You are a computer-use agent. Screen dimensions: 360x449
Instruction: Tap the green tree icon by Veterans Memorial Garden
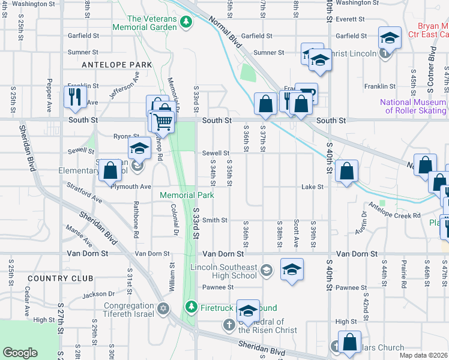point(187,22)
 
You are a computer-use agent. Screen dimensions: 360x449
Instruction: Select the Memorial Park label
point(186,195)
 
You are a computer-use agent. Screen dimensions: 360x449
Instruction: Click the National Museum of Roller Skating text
point(413,106)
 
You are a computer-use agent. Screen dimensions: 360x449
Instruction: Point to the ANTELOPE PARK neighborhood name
point(109,64)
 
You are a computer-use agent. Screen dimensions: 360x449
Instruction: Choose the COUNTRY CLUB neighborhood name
point(60,278)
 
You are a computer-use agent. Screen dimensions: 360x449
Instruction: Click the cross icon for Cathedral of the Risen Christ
point(229,325)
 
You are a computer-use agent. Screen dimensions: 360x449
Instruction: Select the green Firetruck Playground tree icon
point(191,307)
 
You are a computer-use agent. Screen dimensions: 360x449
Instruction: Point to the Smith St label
point(214,220)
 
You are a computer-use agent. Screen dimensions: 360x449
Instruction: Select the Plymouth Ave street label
point(131,187)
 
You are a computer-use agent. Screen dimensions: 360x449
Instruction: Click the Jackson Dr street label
point(98,294)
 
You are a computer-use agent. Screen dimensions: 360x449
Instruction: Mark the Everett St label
point(346,19)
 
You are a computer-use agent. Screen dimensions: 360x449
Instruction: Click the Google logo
point(20,353)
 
